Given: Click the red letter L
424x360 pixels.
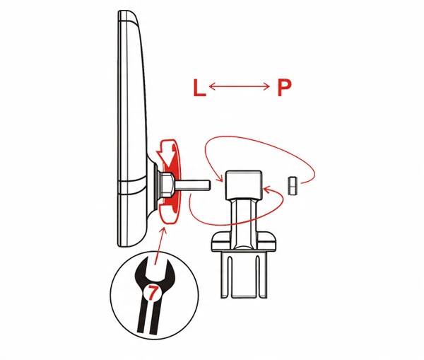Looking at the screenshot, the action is [199, 87].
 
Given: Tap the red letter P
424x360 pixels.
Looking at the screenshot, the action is [284, 88].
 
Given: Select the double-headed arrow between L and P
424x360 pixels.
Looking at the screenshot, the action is [240, 86].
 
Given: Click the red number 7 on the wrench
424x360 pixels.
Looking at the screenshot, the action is [152, 293].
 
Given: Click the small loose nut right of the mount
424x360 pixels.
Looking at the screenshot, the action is [293, 185].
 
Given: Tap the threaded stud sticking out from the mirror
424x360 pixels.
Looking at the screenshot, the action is [192, 185].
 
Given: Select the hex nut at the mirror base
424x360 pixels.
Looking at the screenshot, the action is [166, 185].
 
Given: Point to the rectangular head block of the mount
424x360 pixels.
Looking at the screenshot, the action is [244, 185].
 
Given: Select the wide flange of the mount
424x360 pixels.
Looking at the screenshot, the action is [244, 241].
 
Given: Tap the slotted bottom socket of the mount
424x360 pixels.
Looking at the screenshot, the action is [244, 274].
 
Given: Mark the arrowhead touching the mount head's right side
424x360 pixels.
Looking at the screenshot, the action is [267, 190].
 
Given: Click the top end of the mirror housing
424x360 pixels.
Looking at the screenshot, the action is [127, 13].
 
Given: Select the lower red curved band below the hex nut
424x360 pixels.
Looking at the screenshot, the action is [170, 214].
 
